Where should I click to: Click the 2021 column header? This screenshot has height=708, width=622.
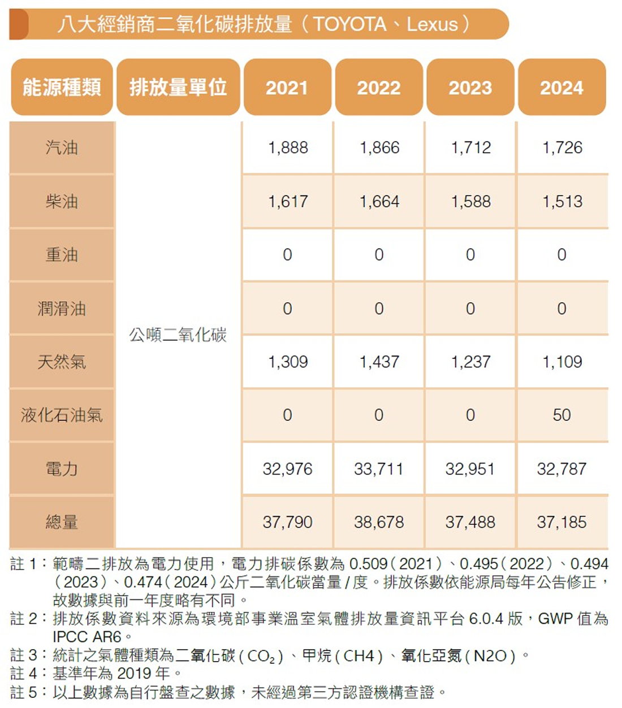click(287, 88)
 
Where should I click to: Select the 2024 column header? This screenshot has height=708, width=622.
click(561, 88)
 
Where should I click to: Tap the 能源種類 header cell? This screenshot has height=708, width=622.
click(62, 88)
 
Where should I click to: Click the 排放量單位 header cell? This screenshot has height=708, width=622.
click(178, 88)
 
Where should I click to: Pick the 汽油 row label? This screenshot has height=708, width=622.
click(62, 148)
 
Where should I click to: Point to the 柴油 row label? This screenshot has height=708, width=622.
click(62, 202)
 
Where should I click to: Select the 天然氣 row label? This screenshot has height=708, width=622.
click(62, 362)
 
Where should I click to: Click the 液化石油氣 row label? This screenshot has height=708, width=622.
click(62, 415)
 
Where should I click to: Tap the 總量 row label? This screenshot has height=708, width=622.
click(62, 522)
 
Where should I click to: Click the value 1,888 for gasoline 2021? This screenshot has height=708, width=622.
click(288, 148)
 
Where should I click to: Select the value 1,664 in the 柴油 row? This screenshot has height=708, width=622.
click(379, 202)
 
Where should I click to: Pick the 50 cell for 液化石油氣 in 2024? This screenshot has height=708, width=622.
click(561, 415)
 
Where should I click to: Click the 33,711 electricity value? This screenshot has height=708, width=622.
click(379, 469)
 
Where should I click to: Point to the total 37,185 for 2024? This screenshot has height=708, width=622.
click(561, 522)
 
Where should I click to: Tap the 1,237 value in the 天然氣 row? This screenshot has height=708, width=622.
click(470, 362)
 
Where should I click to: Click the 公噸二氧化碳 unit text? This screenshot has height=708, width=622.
click(178, 335)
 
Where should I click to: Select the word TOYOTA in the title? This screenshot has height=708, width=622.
click(349, 24)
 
